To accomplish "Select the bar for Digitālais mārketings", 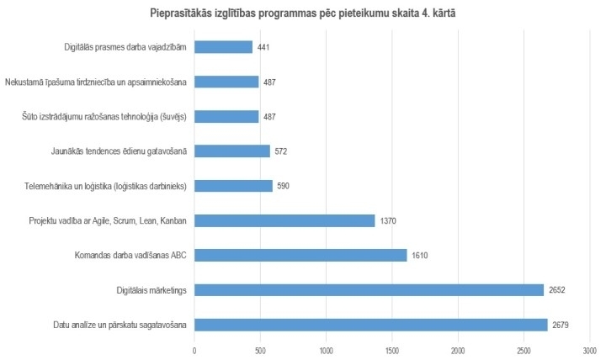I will [369, 290].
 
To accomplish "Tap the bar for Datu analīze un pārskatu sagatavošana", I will [370, 325].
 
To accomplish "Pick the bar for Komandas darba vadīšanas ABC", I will [300, 255].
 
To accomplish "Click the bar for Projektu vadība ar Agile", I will [284, 220].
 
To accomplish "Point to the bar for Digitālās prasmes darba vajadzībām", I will [223, 47].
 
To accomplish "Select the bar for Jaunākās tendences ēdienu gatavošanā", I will [231, 151].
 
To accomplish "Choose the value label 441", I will [263, 47].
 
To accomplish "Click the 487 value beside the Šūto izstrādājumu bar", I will [269, 117].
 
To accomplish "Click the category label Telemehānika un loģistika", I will [120, 186].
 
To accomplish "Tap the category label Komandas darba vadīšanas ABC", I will [130, 255].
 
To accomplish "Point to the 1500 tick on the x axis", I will [392, 349].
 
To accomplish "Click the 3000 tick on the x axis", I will [590, 349].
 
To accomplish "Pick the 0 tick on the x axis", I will [194, 349].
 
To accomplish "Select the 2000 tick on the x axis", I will [458, 349].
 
